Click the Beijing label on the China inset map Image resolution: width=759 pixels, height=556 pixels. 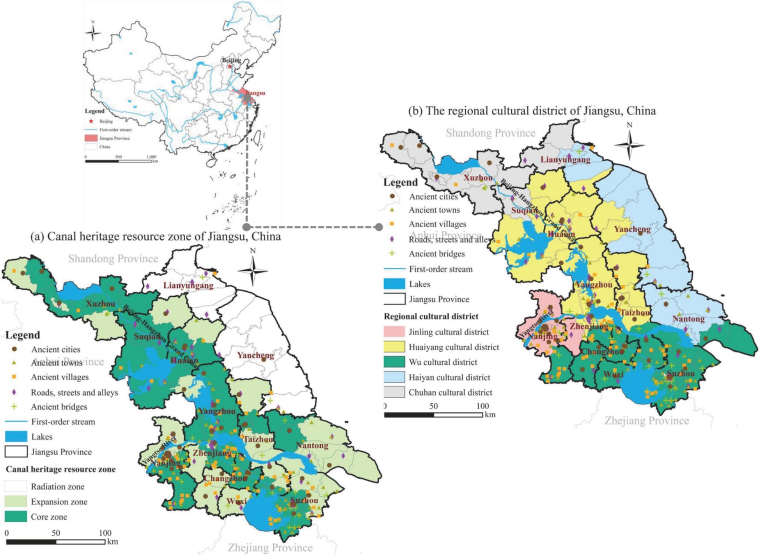231,60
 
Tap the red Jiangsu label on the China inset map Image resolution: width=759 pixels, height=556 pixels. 255,93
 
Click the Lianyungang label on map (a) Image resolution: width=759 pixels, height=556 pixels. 188,285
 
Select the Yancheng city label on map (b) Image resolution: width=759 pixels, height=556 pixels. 632,229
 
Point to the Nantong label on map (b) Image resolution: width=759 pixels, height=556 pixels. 688,319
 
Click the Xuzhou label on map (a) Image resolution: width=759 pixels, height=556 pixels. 101,304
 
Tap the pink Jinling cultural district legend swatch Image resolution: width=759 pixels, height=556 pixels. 394,332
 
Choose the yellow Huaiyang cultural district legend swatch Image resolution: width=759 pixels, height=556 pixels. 394,347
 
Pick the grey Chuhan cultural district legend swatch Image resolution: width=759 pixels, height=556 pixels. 394,392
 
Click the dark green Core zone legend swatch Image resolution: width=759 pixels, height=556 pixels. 16,517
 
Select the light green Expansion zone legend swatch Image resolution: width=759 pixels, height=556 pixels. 16,501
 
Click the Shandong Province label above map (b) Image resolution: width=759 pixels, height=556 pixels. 490,133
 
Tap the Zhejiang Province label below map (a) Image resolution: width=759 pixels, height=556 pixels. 270,547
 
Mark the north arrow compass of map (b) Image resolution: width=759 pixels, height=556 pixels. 629,144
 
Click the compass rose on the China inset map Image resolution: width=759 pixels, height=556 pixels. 93,32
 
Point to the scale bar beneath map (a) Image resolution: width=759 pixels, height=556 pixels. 56,542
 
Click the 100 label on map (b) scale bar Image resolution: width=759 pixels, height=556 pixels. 482,406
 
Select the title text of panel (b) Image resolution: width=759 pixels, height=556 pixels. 532,111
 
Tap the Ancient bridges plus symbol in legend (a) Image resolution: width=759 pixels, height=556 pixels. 14,406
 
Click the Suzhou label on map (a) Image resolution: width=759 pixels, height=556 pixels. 304,500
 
